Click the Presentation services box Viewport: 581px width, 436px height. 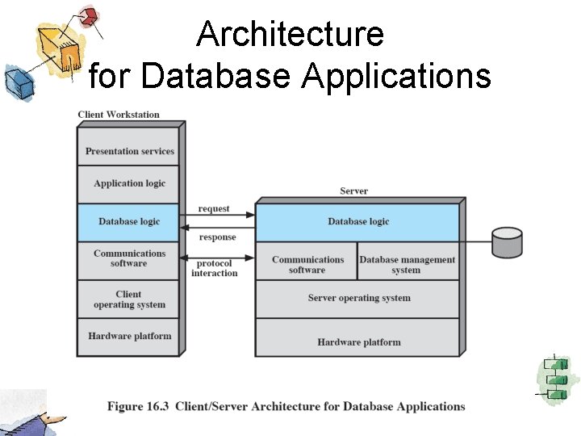[x=129, y=150]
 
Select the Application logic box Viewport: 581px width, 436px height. [x=129, y=183]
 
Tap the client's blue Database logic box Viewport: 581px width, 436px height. [x=129, y=222]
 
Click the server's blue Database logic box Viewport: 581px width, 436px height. [x=357, y=222]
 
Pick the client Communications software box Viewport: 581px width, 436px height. [x=129, y=258]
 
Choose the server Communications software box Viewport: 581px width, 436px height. [x=307, y=264]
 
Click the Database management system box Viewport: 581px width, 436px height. [x=408, y=264]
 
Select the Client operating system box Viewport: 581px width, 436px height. [x=129, y=300]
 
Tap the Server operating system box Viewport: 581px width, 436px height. [x=357, y=298]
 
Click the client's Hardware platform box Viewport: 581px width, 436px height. [x=129, y=336]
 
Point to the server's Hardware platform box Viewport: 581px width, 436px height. [x=357, y=342]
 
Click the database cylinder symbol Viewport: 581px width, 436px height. [x=507, y=241]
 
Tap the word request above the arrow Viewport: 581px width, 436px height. [x=214, y=208]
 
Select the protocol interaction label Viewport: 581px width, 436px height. [x=215, y=268]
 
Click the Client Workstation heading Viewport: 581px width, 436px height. [x=119, y=115]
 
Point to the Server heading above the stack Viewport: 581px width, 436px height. [x=353, y=191]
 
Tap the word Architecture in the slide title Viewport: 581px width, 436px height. [x=290, y=35]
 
